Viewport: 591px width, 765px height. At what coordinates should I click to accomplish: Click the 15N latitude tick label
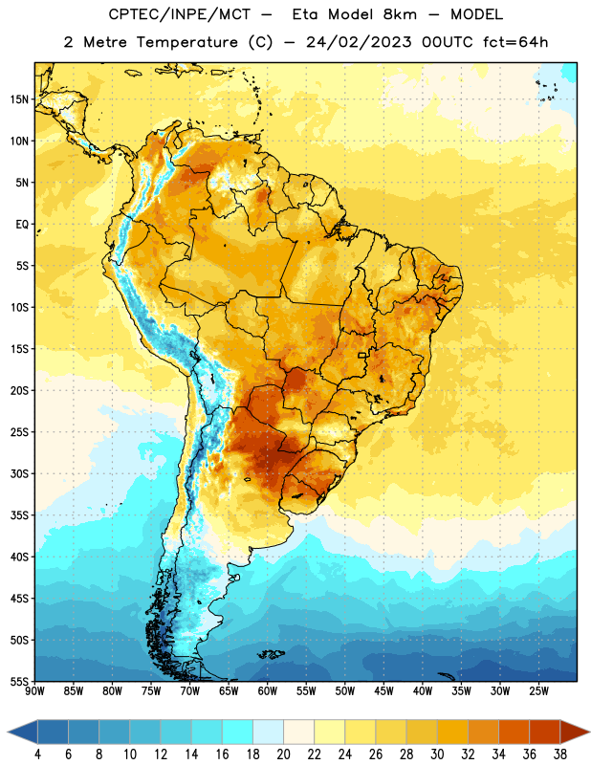[x=19, y=99]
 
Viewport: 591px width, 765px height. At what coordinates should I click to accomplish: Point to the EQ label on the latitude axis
[x=22, y=225]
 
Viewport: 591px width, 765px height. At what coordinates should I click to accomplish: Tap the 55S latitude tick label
[x=19, y=681]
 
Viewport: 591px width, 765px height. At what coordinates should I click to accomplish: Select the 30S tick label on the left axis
[x=19, y=473]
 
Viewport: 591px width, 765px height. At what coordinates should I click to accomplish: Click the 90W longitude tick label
[x=34, y=691]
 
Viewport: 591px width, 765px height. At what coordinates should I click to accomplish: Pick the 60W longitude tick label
[x=268, y=691]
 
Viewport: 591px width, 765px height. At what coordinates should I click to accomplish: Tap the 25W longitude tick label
[x=538, y=691]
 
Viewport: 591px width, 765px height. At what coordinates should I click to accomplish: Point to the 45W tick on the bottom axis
[x=383, y=691]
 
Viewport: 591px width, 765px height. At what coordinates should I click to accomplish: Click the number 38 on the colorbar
[x=560, y=754]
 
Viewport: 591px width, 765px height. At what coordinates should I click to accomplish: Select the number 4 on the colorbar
[x=37, y=754]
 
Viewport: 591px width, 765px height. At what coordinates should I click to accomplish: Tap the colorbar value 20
[x=283, y=754]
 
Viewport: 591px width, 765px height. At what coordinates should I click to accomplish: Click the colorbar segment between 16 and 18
[x=238, y=732]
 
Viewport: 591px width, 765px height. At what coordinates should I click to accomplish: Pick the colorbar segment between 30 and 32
[x=452, y=732]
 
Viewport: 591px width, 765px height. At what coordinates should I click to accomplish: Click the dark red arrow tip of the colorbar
[x=588, y=732]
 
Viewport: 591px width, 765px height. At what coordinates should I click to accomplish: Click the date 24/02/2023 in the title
[x=359, y=42]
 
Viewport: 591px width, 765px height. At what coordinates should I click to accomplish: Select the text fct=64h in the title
[x=515, y=42]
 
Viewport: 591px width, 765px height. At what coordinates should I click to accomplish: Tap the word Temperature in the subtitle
[x=187, y=42]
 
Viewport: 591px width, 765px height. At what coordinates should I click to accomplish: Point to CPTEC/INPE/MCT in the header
[x=179, y=14]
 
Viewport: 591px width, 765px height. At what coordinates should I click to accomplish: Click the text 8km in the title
[x=400, y=14]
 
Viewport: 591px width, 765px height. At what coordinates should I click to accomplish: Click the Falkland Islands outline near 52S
[x=271, y=654]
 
